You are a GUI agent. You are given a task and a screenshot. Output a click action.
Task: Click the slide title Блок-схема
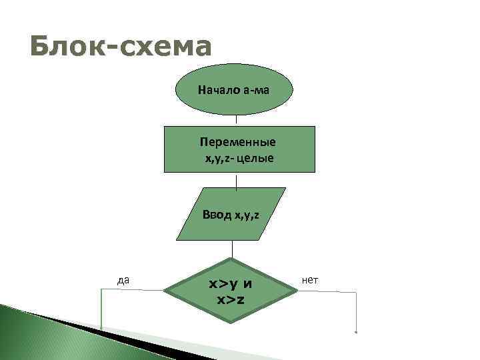(121, 47)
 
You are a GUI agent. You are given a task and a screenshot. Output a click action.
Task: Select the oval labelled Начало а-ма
(233, 90)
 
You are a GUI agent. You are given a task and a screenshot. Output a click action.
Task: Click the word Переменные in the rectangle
(238, 143)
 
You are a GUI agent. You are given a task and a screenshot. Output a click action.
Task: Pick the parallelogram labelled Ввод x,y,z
(231, 214)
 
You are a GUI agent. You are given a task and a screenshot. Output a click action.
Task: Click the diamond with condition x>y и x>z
(231, 291)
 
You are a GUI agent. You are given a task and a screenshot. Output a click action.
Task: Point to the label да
(123, 281)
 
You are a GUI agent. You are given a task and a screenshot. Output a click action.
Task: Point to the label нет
(310, 281)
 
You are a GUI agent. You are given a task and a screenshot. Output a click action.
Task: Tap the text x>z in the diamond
(231, 299)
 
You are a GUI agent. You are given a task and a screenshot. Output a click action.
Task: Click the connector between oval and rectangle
(237, 120)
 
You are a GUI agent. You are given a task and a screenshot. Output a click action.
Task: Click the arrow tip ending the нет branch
(357, 331)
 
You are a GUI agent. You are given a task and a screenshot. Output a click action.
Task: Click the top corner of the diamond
(231, 259)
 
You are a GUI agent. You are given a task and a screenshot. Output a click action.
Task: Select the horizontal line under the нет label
(327, 291)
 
